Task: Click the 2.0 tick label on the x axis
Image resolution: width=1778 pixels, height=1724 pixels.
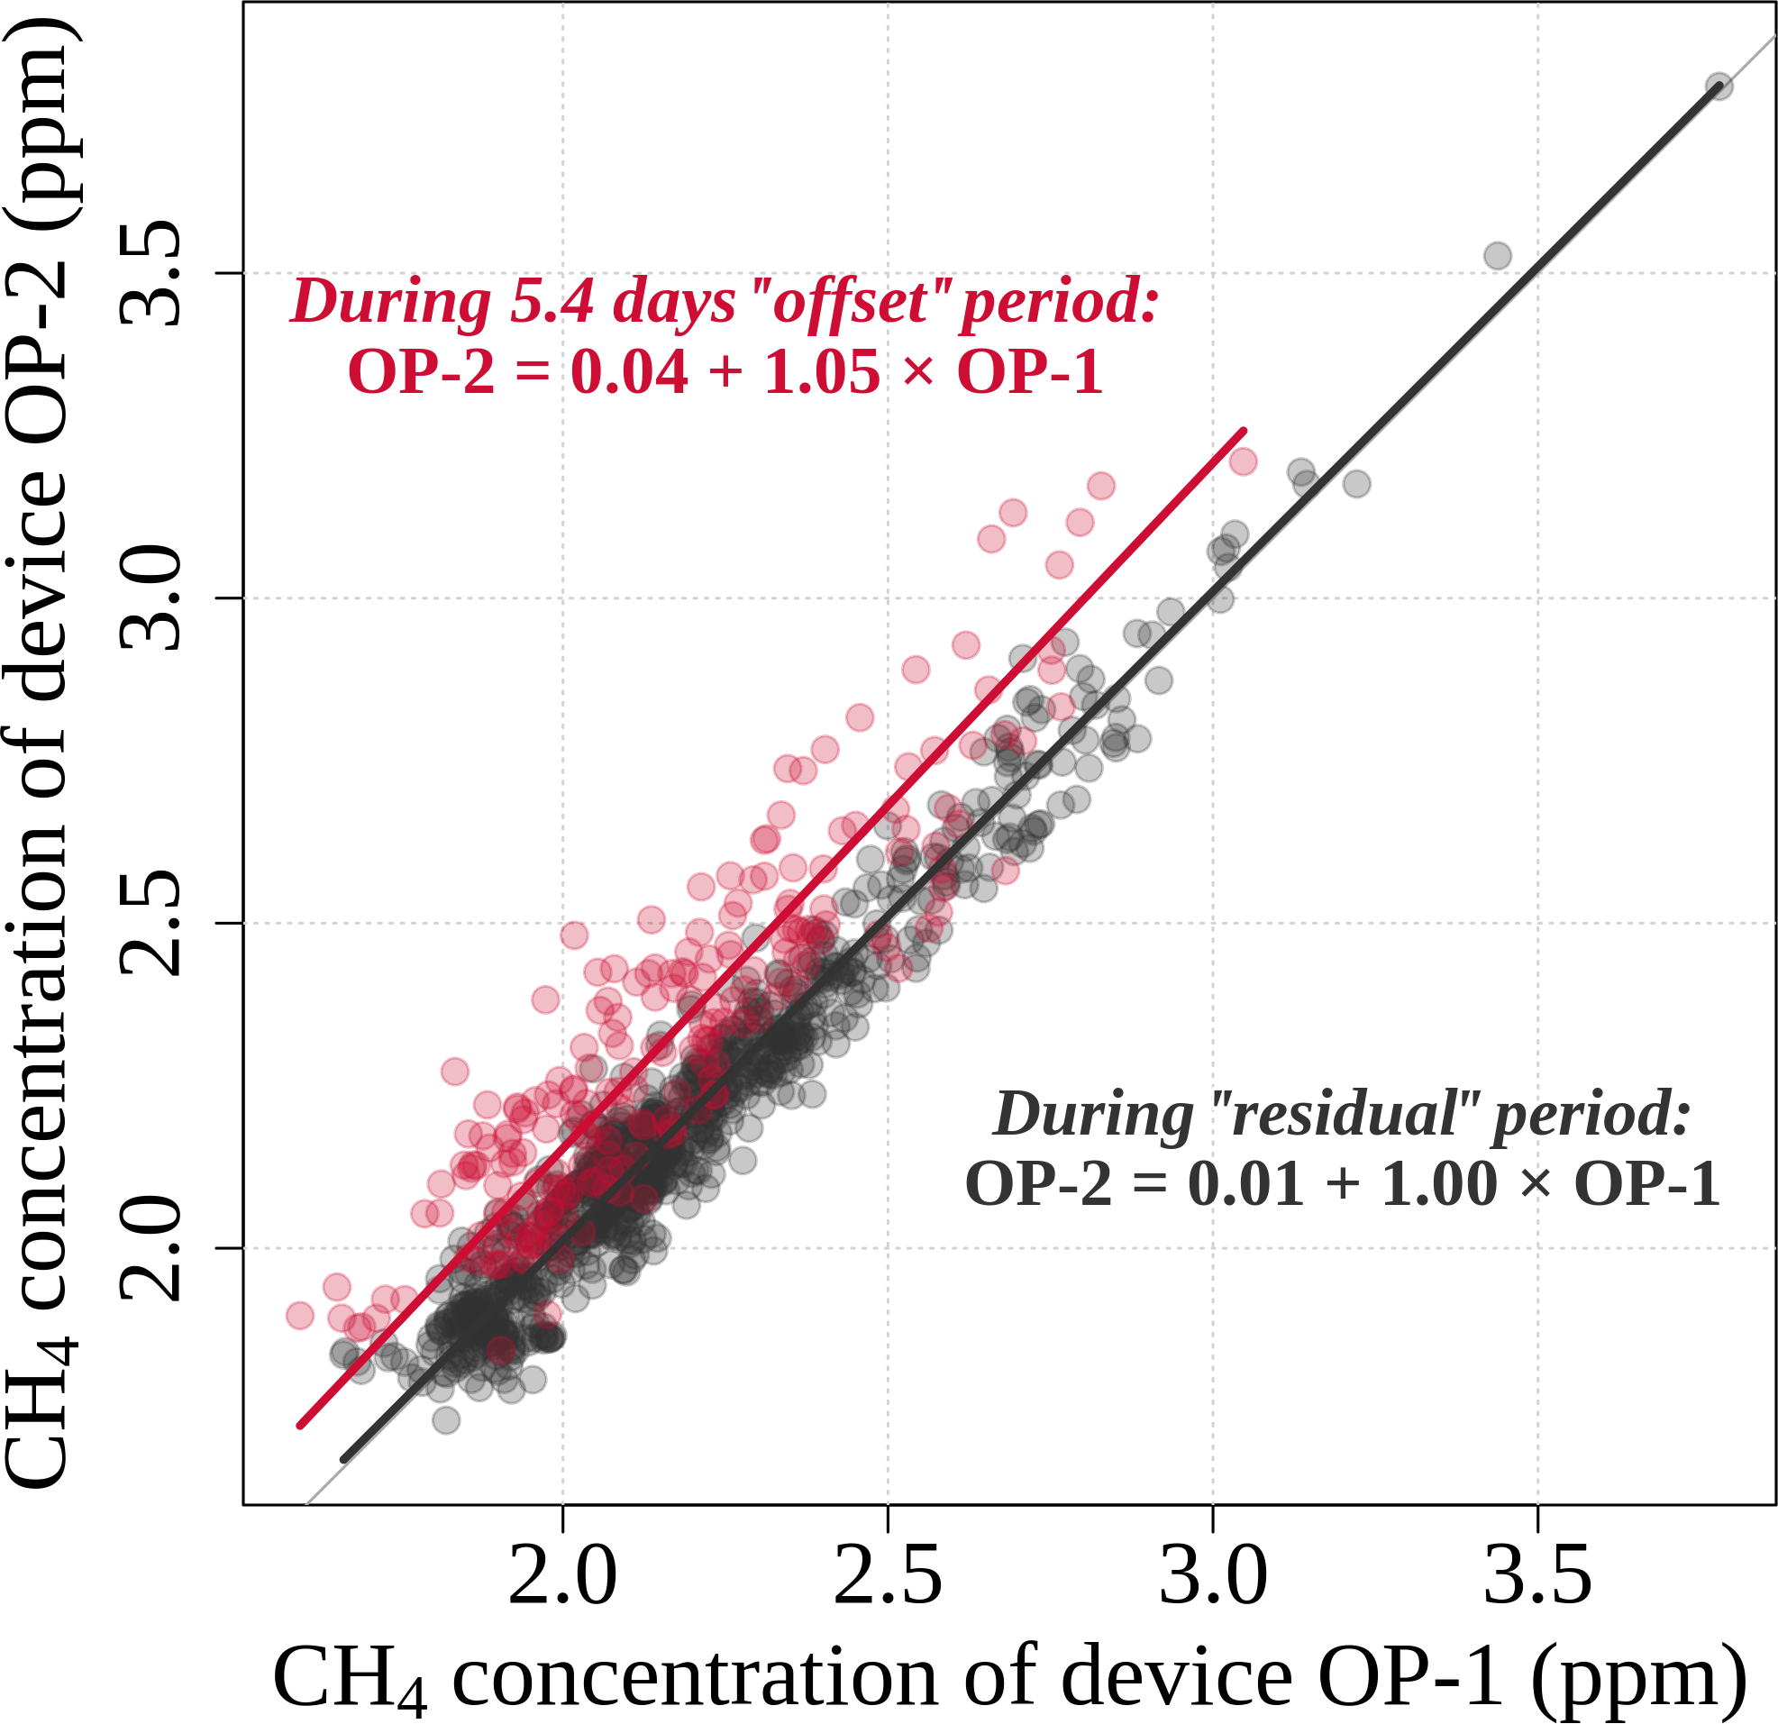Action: [x=562, y=1578]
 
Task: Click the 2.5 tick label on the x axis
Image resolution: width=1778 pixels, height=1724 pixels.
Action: [x=887, y=1578]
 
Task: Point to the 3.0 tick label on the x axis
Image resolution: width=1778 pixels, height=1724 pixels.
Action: [x=1213, y=1578]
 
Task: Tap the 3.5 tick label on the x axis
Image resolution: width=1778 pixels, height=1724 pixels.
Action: [x=1537, y=1578]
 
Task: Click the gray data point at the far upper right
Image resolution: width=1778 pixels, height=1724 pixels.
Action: [x=1719, y=87]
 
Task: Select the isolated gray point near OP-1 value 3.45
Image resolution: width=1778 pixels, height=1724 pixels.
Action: [x=1498, y=256]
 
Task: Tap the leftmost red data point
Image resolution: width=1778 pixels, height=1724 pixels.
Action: [x=299, y=1315]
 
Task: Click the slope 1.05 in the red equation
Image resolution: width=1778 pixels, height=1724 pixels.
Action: [x=822, y=372]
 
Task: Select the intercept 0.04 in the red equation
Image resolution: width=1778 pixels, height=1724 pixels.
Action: [x=629, y=372]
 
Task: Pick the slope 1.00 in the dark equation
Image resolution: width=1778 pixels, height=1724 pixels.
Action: [x=1439, y=1184]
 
